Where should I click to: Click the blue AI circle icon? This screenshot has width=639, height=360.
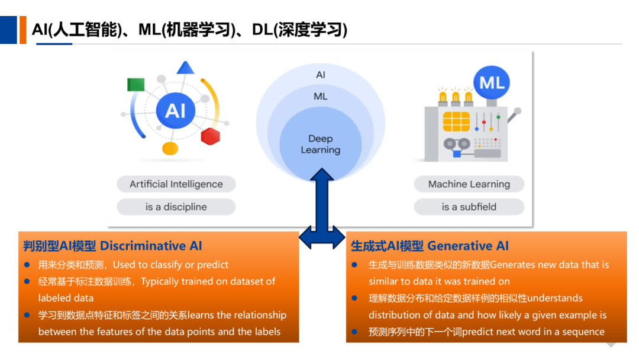(176, 110)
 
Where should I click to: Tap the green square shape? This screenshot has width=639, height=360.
(135, 85)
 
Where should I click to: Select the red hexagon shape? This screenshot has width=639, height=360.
(210, 136)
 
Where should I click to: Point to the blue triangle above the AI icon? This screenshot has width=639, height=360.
(185, 67)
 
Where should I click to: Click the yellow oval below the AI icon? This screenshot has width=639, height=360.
(170, 149)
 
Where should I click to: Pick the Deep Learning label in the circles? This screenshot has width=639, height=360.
(321, 144)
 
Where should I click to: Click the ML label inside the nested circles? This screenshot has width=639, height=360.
(321, 97)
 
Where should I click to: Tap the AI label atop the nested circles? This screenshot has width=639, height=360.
(321, 75)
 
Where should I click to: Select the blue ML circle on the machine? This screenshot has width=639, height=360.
(492, 83)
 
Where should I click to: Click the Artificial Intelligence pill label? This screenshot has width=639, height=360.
(176, 184)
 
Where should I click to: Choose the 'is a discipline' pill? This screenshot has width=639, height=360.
(176, 207)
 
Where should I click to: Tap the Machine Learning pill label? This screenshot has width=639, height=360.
(469, 184)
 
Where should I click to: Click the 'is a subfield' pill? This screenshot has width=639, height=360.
(469, 207)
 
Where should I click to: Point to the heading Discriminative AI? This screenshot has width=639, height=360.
(112, 246)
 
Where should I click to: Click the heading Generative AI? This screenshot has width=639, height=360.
(430, 246)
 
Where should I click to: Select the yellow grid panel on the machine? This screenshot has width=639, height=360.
(456, 121)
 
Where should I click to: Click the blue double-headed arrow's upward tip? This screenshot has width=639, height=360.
(322, 168)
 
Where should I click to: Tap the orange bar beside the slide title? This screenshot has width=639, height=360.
(23, 30)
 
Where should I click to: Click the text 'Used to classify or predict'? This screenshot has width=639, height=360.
(170, 265)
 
